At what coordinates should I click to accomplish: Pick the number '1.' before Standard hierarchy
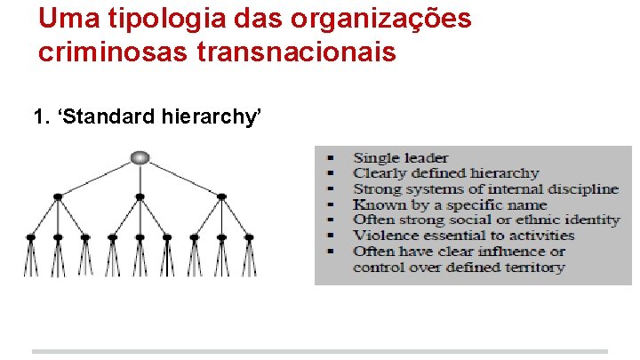pyautogui.click(x=41, y=116)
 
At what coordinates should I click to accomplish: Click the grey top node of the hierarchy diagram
pyautogui.click(x=140, y=158)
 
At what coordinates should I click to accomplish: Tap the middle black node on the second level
pyautogui.click(x=140, y=196)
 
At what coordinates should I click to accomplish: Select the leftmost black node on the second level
pyautogui.click(x=58, y=196)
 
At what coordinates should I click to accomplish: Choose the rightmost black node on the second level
pyautogui.click(x=221, y=196)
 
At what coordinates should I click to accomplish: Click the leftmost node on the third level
pyautogui.click(x=31, y=237)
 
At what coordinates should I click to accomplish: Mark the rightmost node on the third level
pyautogui.click(x=248, y=237)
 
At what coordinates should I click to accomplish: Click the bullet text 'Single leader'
pyautogui.click(x=401, y=158)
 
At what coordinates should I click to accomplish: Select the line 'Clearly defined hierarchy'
pyautogui.click(x=445, y=173)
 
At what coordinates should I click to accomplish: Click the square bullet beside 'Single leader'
pyautogui.click(x=330, y=158)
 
